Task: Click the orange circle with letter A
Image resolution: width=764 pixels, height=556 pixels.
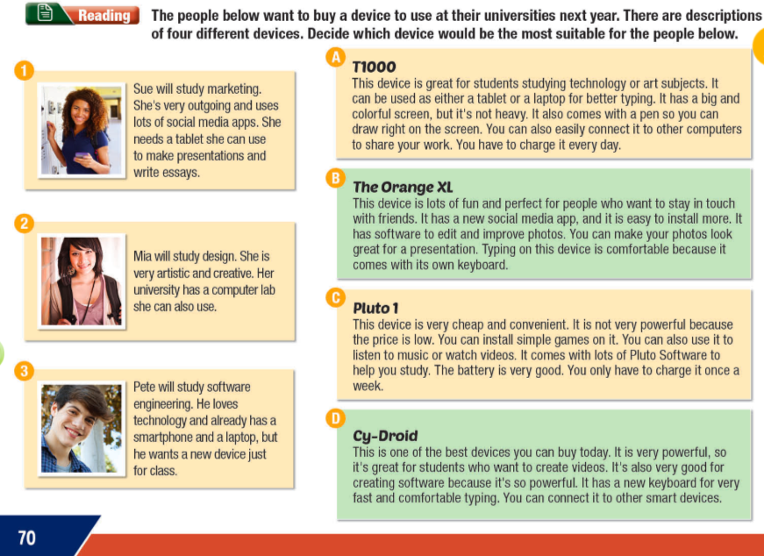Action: click(333, 58)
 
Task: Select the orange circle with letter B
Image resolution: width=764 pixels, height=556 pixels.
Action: click(334, 178)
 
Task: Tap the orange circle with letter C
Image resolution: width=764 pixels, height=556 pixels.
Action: click(334, 298)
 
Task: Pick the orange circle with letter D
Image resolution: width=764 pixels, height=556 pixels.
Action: click(334, 418)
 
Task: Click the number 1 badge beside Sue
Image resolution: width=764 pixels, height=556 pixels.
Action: click(25, 71)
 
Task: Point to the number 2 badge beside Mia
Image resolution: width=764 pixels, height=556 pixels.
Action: click(25, 224)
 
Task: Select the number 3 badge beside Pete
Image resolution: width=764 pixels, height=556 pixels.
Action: click(25, 371)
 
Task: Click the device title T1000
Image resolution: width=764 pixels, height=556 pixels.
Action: click(374, 67)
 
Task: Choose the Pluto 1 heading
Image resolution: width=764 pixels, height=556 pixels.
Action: click(375, 308)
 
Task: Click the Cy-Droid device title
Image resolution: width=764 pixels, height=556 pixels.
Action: click(385, 435)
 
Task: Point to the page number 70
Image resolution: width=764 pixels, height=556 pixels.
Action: click(27, 537)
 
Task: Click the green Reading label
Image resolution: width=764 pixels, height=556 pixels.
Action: click(104, 16)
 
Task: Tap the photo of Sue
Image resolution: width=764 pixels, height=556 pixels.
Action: click(82, 130)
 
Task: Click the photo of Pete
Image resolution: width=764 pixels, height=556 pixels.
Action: click(82, 429)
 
